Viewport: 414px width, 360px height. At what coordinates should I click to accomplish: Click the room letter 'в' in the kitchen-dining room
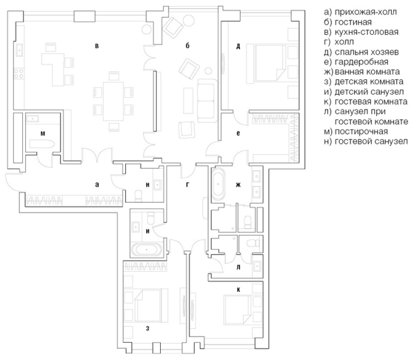[x=97, y=46]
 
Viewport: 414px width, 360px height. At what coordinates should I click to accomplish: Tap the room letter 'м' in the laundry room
[x=43, y=134]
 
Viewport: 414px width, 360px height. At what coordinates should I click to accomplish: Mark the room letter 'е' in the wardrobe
[x=238, y=133]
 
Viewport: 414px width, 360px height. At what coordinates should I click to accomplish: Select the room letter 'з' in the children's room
[x=148, y=328]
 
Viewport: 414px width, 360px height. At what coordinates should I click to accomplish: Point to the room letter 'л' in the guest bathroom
[x=238, y=268]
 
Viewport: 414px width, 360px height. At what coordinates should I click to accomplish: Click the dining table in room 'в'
[x=113, y=101]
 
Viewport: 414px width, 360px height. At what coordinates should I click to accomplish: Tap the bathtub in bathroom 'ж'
[x=218, y=184]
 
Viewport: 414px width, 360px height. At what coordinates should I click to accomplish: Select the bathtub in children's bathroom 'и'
[x=146, y=250]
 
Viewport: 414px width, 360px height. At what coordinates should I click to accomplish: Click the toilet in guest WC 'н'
[x=139, y=195]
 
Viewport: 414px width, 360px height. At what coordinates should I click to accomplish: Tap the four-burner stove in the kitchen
[x=19, y=73]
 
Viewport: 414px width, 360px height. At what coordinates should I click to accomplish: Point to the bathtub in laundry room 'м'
[x=42, y=144]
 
